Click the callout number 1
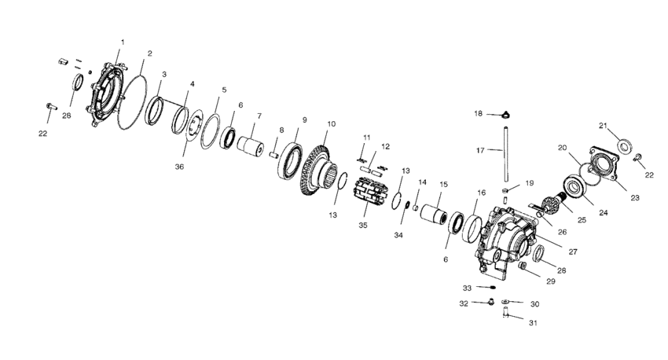(x=123, y=42)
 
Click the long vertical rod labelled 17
(x=505, y=154)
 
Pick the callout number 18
(x=479, y=114)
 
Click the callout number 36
(x=179, y=167)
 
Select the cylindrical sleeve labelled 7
(x=251, y=146)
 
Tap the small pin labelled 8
(x=273, y=155)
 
